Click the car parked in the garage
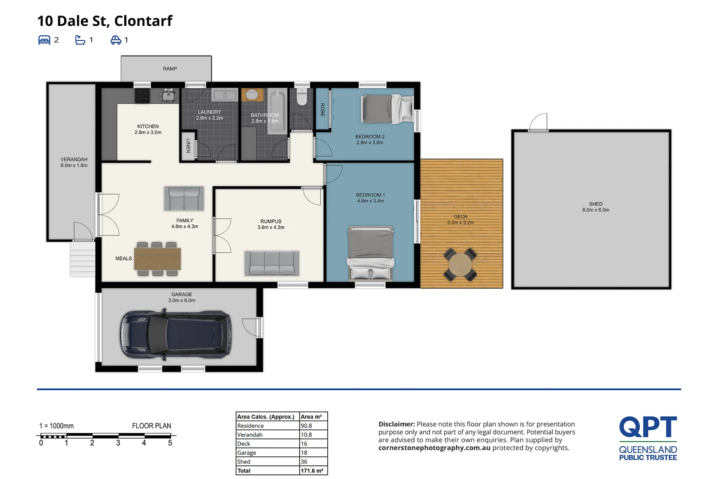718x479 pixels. point(175,334)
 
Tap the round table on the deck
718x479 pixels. point(460,264)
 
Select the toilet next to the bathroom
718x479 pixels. point(302,97)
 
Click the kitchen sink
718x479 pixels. point(168,95)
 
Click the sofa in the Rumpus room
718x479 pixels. point(272,263)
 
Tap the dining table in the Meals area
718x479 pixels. point(157,259)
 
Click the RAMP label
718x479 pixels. point(170,69)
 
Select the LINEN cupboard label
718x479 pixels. point(188,145)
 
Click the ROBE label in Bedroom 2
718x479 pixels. point(322,110)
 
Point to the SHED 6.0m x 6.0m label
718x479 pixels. point(596,207)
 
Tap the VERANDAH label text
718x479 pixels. point(74,159)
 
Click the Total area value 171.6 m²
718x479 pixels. point(311,471)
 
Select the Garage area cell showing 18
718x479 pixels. point(304,453)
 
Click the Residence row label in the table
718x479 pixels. point(250,426)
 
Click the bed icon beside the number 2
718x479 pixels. point(44,40)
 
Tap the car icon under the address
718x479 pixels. point(116,40)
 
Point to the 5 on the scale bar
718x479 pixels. point(170,443)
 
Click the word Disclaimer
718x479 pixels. point(396,424)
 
